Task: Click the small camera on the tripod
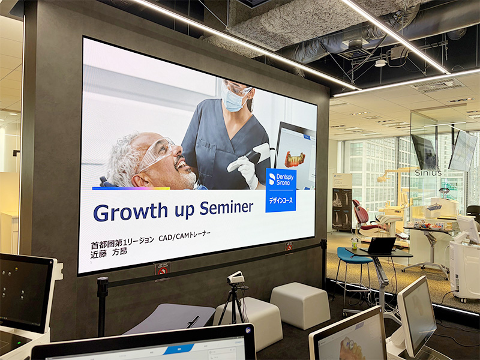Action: pos(236,278)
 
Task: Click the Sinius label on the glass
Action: pos(428,173)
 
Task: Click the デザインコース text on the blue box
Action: pos(281,200)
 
